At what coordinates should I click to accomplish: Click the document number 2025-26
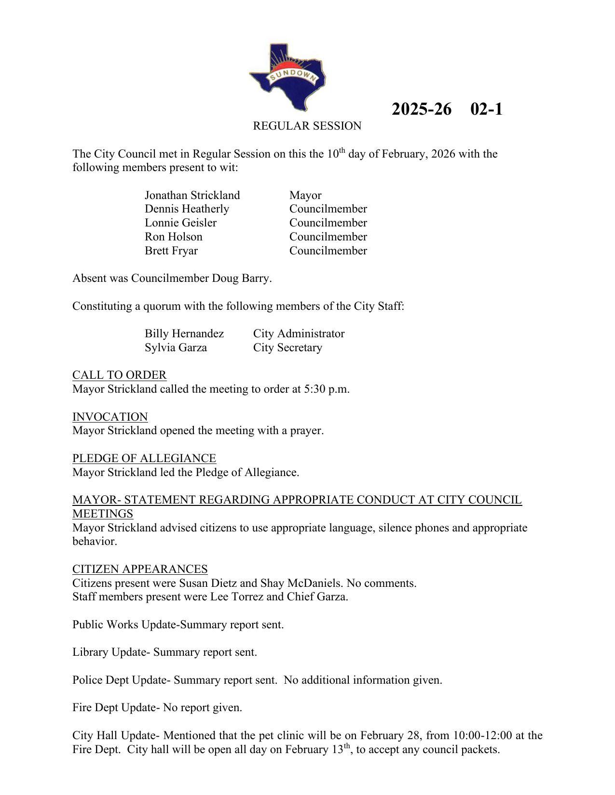[421, 109]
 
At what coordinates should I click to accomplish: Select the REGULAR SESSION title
[307, 126]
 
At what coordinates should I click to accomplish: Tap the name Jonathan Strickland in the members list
[192, 195]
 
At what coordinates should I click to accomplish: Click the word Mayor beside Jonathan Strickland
[305, 195]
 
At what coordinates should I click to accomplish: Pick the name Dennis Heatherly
[187, 209]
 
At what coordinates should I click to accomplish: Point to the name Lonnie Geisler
[180, 223]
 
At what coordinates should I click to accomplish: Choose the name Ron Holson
[174, 237]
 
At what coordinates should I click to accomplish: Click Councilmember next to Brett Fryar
[328, 251]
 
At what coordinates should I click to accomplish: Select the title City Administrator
[299, 334]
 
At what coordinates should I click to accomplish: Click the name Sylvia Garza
[176, 348]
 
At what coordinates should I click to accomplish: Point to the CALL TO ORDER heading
[120, 375]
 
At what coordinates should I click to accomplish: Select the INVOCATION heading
[110, 417]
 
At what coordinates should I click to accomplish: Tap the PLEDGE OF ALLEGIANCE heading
[144, 458]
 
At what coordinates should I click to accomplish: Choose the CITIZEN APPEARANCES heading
[140, 569]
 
